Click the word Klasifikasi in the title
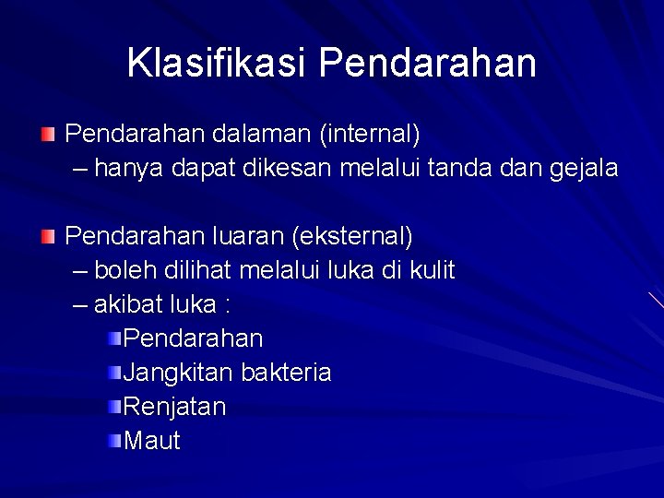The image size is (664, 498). tap(218, 63)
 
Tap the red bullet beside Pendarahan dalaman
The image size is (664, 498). tap(48, 136)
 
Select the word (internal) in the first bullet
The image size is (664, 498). tap(369, 135)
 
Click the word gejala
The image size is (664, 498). tap(584, 169)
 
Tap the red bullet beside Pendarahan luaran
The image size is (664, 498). tap(48, 237)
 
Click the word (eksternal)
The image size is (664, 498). tap(352, 236)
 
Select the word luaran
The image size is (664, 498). tap(242, 236)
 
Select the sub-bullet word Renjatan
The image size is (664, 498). tap(174, 407)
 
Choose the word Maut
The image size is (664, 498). tap(152, 441)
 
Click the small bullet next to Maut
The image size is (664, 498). tap(113, 441)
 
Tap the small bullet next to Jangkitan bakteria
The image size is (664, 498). tap(113, 373)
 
